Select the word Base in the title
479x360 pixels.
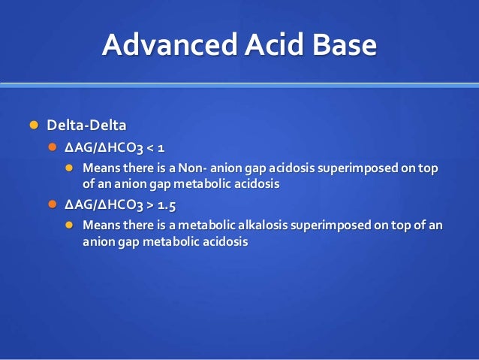[x=342, y=46]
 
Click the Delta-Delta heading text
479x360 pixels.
[x=87, y=124]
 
